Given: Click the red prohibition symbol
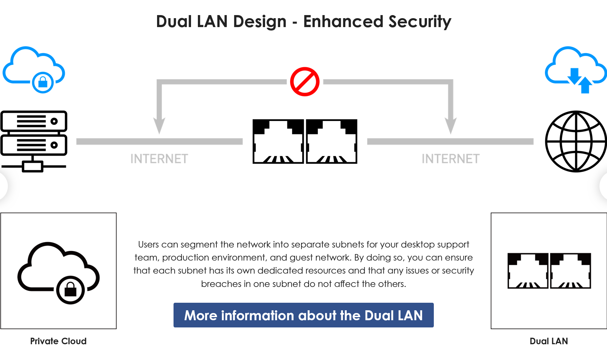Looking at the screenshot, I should tap(305, 82).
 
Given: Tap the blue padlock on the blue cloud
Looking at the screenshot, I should tap(43, 82).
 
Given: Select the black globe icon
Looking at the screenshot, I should tap(576, 141).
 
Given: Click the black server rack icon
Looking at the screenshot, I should tap(34, 141).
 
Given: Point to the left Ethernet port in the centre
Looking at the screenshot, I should tap(278, 141).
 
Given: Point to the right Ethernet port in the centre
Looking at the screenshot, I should tap(332, 141).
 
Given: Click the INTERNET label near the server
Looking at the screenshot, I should tap(159, 159).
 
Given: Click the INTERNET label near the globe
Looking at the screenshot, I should tap(450, 159).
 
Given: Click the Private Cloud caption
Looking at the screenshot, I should tap(58, 341).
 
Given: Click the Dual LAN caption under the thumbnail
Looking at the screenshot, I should tap(549, 341).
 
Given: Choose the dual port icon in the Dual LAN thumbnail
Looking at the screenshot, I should tap(549, 271).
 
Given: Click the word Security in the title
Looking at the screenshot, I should tap(420, 22).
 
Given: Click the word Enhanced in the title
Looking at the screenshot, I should tap(343, 22).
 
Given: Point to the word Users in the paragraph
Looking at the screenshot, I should tap(148, 244).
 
